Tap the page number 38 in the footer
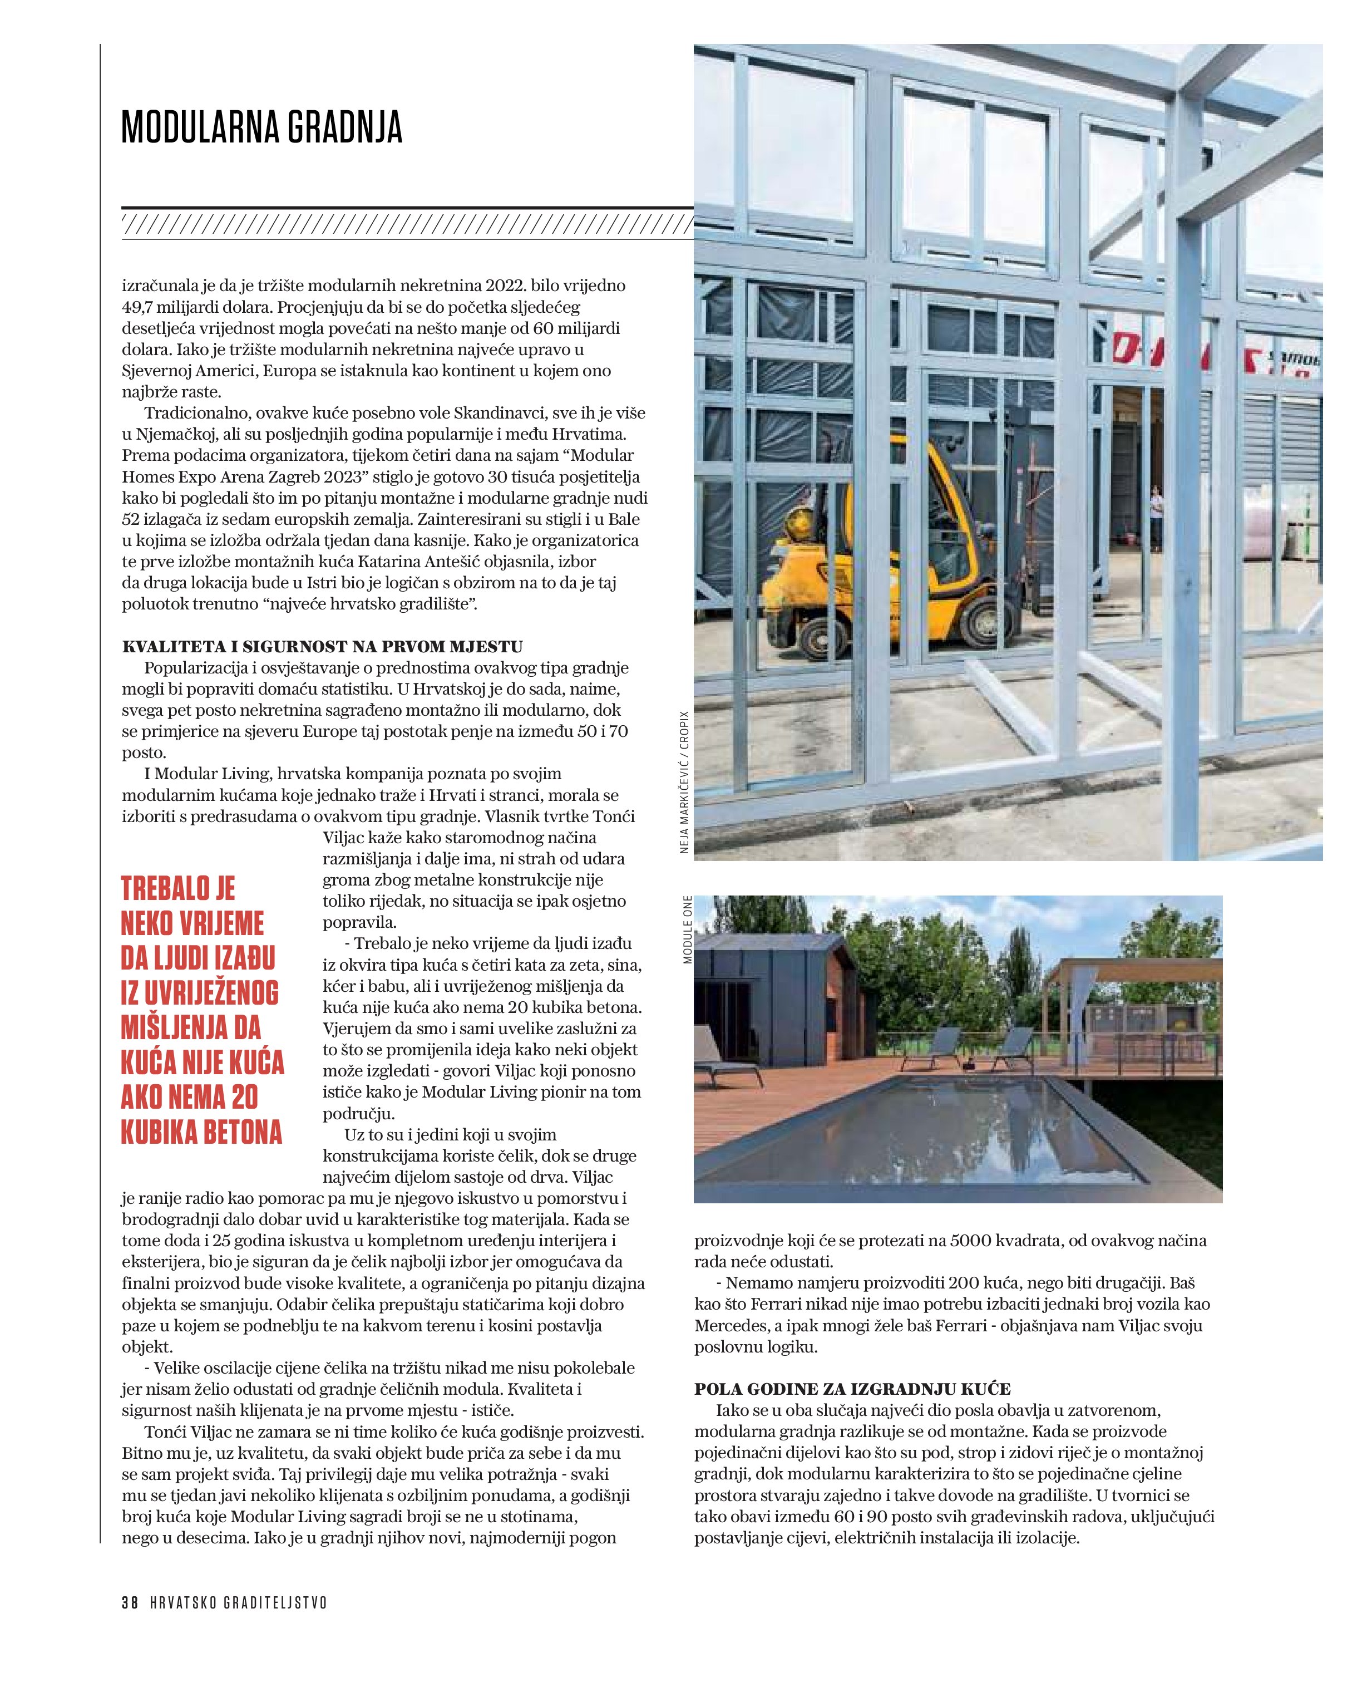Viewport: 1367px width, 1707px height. pos(130,1602)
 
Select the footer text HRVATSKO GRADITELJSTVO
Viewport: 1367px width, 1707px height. pos(238,1602)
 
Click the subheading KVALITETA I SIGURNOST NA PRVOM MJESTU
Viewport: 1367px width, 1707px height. pos(322,647)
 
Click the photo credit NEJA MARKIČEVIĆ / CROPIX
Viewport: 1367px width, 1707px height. pos(685,781)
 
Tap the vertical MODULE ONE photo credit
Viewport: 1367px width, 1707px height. pos(687,929)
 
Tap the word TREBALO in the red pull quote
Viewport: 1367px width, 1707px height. pos(178,888)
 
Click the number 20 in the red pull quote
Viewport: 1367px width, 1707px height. pos(245,1098)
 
